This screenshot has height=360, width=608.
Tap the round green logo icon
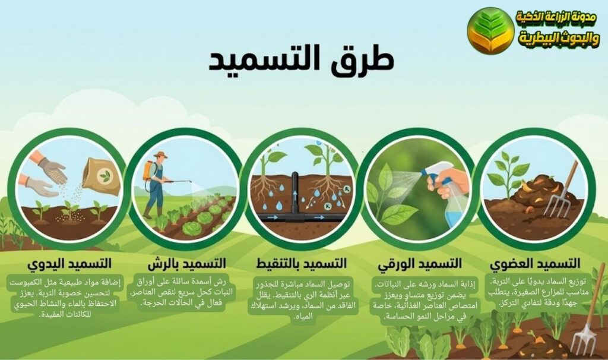pyautogui.click(x=490, y=30)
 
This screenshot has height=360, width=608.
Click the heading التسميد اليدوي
pyautogui.click(x=69, y=263)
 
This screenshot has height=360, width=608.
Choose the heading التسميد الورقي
pyautogui.click(x=420, y=263)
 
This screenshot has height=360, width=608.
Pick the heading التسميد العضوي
pyautogui.click(x=536, y=263)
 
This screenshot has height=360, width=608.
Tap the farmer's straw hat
pyautogui.click(x=160, y=154)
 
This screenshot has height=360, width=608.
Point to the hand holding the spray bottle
pyautogui.click(x=449, y=181)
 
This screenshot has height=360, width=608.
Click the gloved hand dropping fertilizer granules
pyautogui.click(x=52, y=169)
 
